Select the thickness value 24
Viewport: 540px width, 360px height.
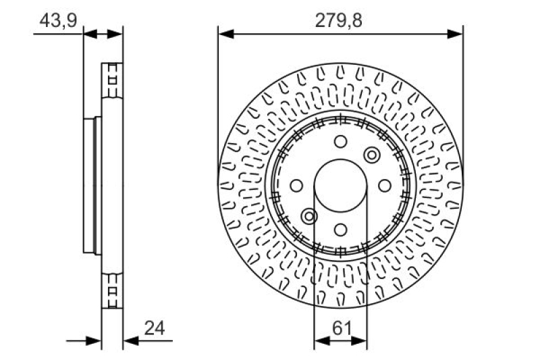point(155,329)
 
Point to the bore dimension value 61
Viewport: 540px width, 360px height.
point(341,329)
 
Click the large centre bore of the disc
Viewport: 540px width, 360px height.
point(341,185)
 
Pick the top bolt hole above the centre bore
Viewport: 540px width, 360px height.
point(341,141)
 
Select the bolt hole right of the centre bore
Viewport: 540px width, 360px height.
point(385,185)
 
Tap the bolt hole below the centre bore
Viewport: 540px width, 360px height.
point(341,229)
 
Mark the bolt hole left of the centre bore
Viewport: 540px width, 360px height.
point(296,185)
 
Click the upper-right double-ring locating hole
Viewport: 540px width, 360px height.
point(372,155)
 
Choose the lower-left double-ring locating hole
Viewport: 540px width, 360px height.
point(309,216)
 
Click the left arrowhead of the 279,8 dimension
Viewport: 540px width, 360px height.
point(223,32)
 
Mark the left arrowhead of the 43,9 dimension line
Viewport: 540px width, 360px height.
point(87,32)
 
